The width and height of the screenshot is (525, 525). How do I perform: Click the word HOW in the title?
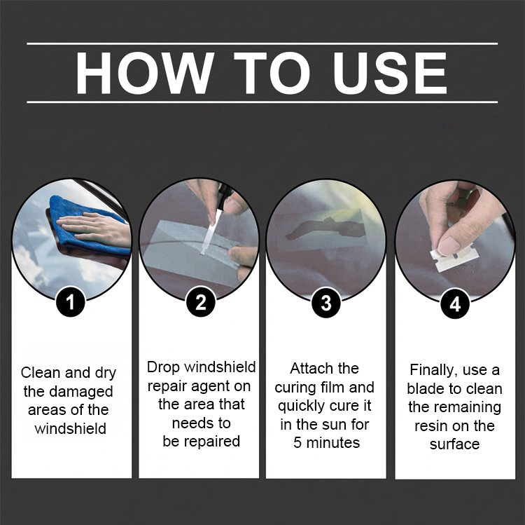(145, 73)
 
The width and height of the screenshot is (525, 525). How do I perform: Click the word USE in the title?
(391, 73)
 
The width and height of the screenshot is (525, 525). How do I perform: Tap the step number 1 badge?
(70, 302)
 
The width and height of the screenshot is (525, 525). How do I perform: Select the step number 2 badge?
(200, 302)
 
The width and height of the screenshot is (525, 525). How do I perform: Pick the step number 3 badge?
(326, 303)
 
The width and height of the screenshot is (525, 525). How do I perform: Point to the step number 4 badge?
(455, 304)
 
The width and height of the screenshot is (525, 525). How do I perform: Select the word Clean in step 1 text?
(40, 372)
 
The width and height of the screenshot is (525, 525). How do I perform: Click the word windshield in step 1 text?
(70, 428)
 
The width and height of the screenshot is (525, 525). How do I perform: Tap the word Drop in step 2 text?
(164, 367)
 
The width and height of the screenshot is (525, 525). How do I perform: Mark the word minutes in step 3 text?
(332, 442)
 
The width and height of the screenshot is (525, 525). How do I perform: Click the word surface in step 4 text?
(454, 444)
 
